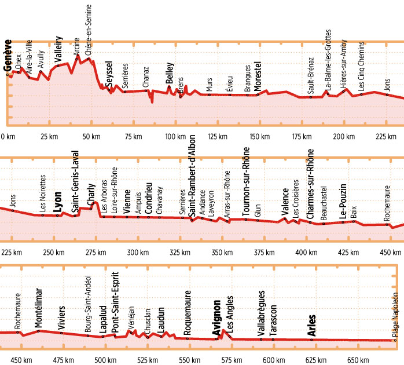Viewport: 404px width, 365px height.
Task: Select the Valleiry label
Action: pos(58,49)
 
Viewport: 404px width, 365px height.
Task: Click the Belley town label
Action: pos(170,75)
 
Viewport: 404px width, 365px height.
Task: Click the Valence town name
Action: pos(285,203)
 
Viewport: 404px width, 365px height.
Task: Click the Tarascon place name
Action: pos(273,318)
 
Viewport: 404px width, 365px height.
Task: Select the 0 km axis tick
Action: pos(8,137)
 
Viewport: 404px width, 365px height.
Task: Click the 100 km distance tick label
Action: pos(174,137)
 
